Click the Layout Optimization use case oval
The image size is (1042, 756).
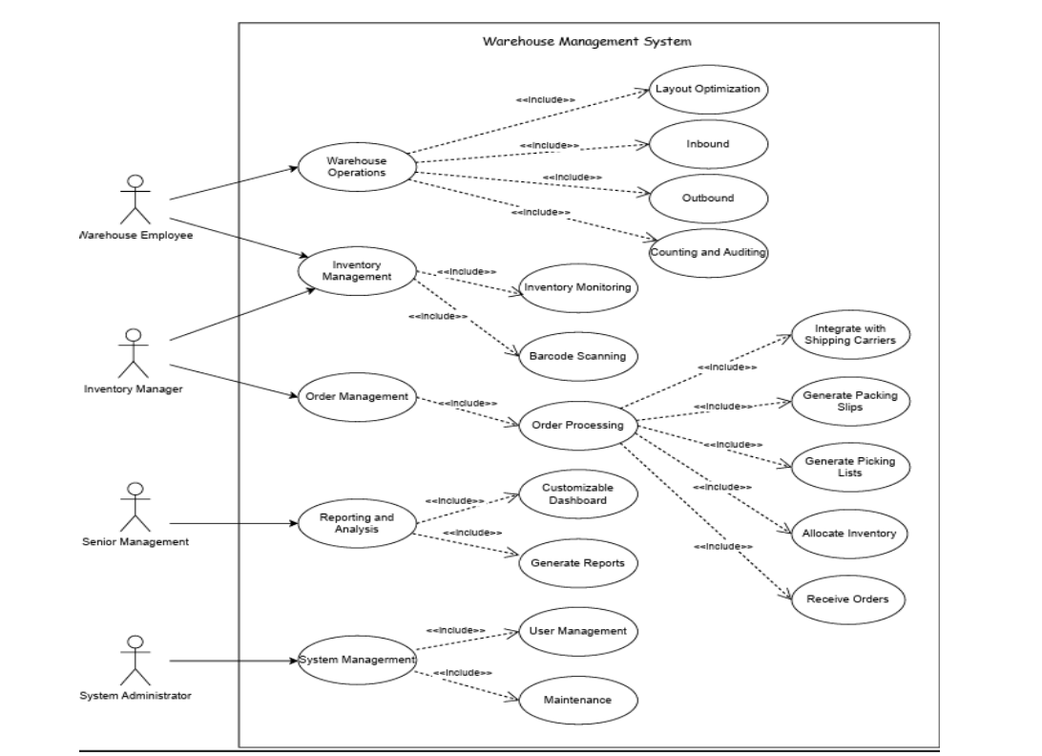pyautogui.click(x=707, y=89)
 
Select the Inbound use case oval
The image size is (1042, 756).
pyautogui.click(x=707, y=144)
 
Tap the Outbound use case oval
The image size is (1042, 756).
pyautogui.click(x=707, y=198)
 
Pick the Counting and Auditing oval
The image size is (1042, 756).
pyautogui.click(x=707, y=252)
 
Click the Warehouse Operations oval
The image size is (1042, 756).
pyautogui.click(x=357, y=167)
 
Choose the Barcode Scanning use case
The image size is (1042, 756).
pyautogui.click(x=577, y=356)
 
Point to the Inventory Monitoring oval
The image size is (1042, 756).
pyautogui.click(x=577, y=287)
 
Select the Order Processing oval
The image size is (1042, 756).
pyautogui.click(x=577, y=425)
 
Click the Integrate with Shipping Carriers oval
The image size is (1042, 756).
pyautogui.click(x=850, y=334)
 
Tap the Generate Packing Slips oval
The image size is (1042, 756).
pyautogui.click(x=850, y=400)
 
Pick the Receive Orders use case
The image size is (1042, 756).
pyautogui.click(x=847, y=598)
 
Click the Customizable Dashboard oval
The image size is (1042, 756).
pyautogui.click(x=577, y=493)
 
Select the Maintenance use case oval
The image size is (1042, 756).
pyautogui.click(x=577, y=700)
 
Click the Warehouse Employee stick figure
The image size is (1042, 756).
pyautogui.click(x=135, y=199)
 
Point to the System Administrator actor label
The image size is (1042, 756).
pyautogui.click(x=135, y=695)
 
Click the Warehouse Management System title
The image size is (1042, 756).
pyautogui.click(x=587, y=41)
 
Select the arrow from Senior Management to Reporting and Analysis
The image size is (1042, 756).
pyautogui.click(x=229, y=523)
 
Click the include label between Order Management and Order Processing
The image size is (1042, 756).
pyautogui.click(x=467, y=403)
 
